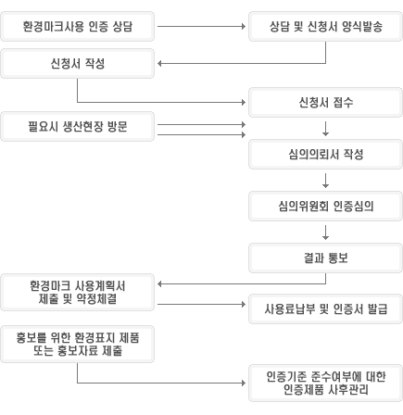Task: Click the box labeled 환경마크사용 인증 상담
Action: (x=77, y=27)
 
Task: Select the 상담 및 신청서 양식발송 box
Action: (x=325, y=27)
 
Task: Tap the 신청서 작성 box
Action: (x=77, y=64)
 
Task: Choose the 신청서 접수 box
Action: (x=325, y=102)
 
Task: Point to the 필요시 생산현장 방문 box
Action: (x=77, y=127)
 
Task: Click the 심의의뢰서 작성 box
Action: (x=325, y=154)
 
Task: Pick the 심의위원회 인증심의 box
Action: (x=325, y=206)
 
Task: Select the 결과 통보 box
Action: (x=325, y=258)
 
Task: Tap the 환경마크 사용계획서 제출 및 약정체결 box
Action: (x=77, y=292)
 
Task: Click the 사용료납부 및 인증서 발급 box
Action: (x=325, y=309)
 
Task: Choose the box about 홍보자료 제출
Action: (x=77, y=344)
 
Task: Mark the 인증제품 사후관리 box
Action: (x=325, y=383)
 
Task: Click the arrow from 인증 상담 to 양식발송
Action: (x=201, y=27)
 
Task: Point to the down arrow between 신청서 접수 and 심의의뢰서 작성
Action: (x=325, y=129)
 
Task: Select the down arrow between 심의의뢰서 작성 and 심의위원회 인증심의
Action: (x=325, y=181)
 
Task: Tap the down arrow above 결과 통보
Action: (x=325, y=233)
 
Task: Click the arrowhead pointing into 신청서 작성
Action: (x=159, y=64)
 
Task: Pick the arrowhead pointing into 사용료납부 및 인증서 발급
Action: (x=244, y=305)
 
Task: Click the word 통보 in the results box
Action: (x=338, y=258)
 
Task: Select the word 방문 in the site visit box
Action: (x=118, y=127)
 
